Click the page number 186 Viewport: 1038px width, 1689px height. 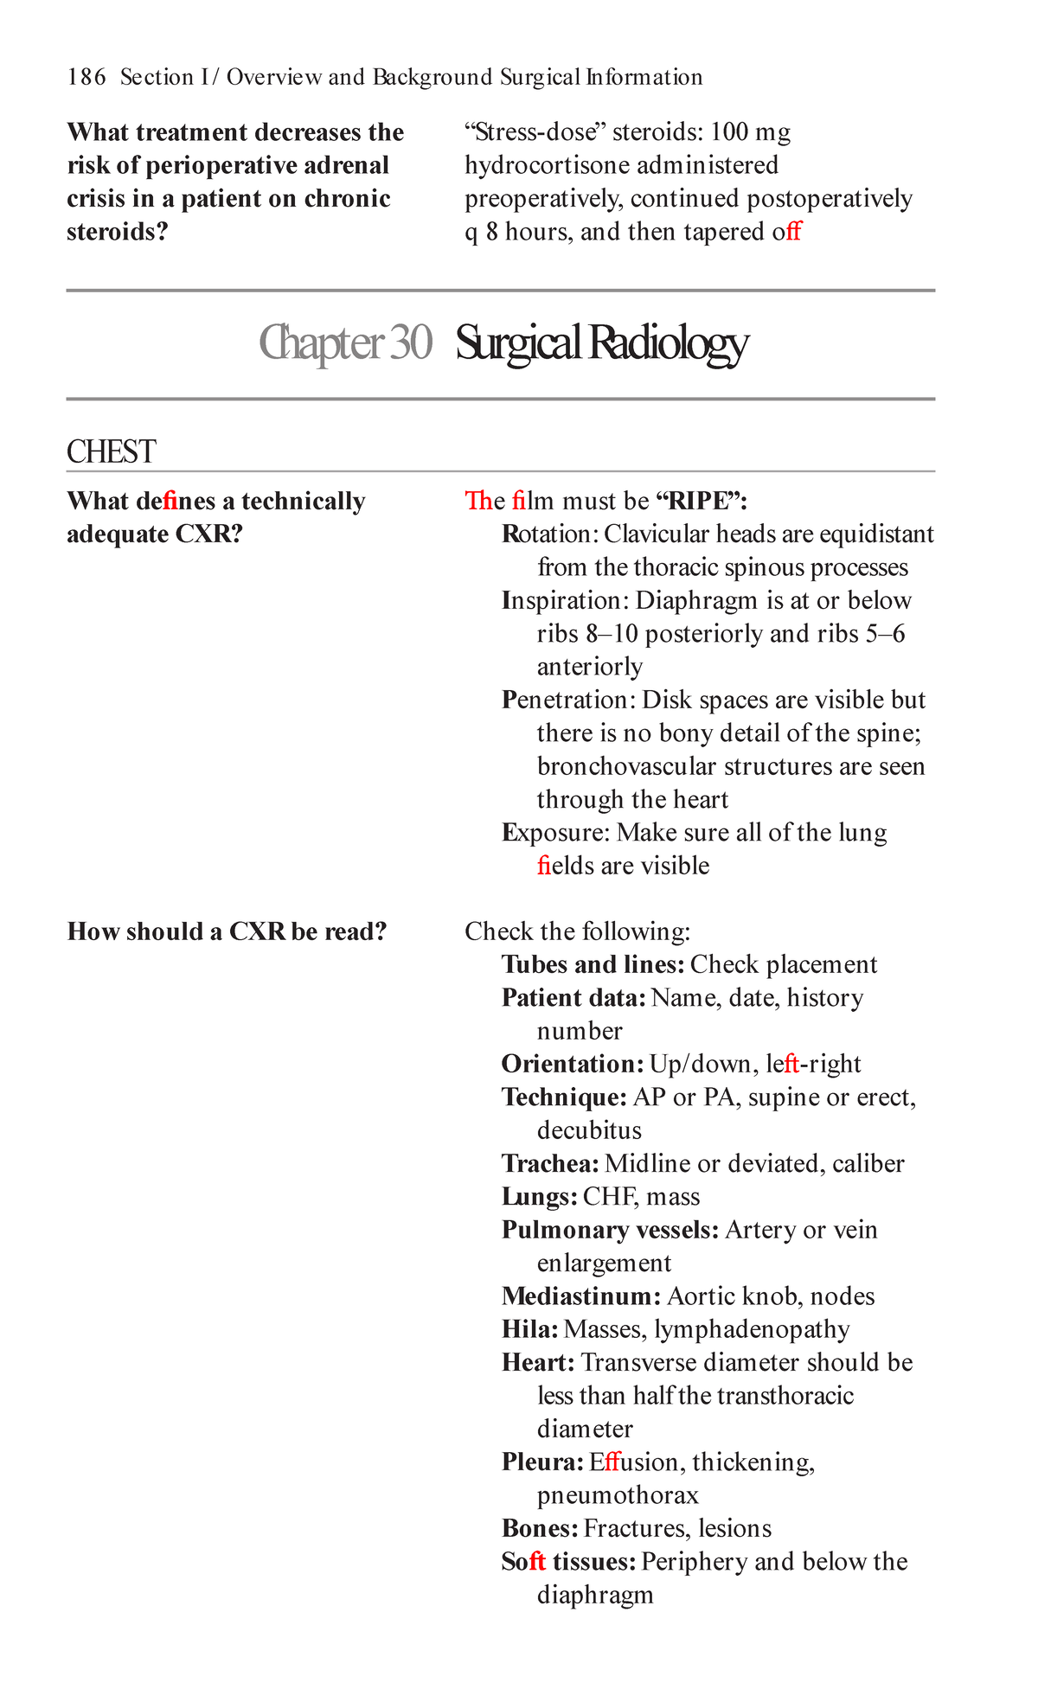tap(86, 78)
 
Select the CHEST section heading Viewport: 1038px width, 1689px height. tap(111, 452)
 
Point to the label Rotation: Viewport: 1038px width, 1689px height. tap(548, 534)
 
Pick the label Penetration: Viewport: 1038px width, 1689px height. tap(568, 701)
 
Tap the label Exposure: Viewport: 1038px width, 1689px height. tap(555, 833)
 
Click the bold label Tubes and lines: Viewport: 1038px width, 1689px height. tap(593, 965)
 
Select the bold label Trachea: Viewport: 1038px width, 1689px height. tap(550, 1164)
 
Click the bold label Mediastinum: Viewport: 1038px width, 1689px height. tap(581, 1296)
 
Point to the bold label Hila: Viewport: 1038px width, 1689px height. tap(529, 1329)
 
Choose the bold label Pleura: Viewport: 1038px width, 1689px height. tap(542, 1462)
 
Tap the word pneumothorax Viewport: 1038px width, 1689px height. tap(618, 1495)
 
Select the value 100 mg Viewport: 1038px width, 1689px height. tap(750, 132)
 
